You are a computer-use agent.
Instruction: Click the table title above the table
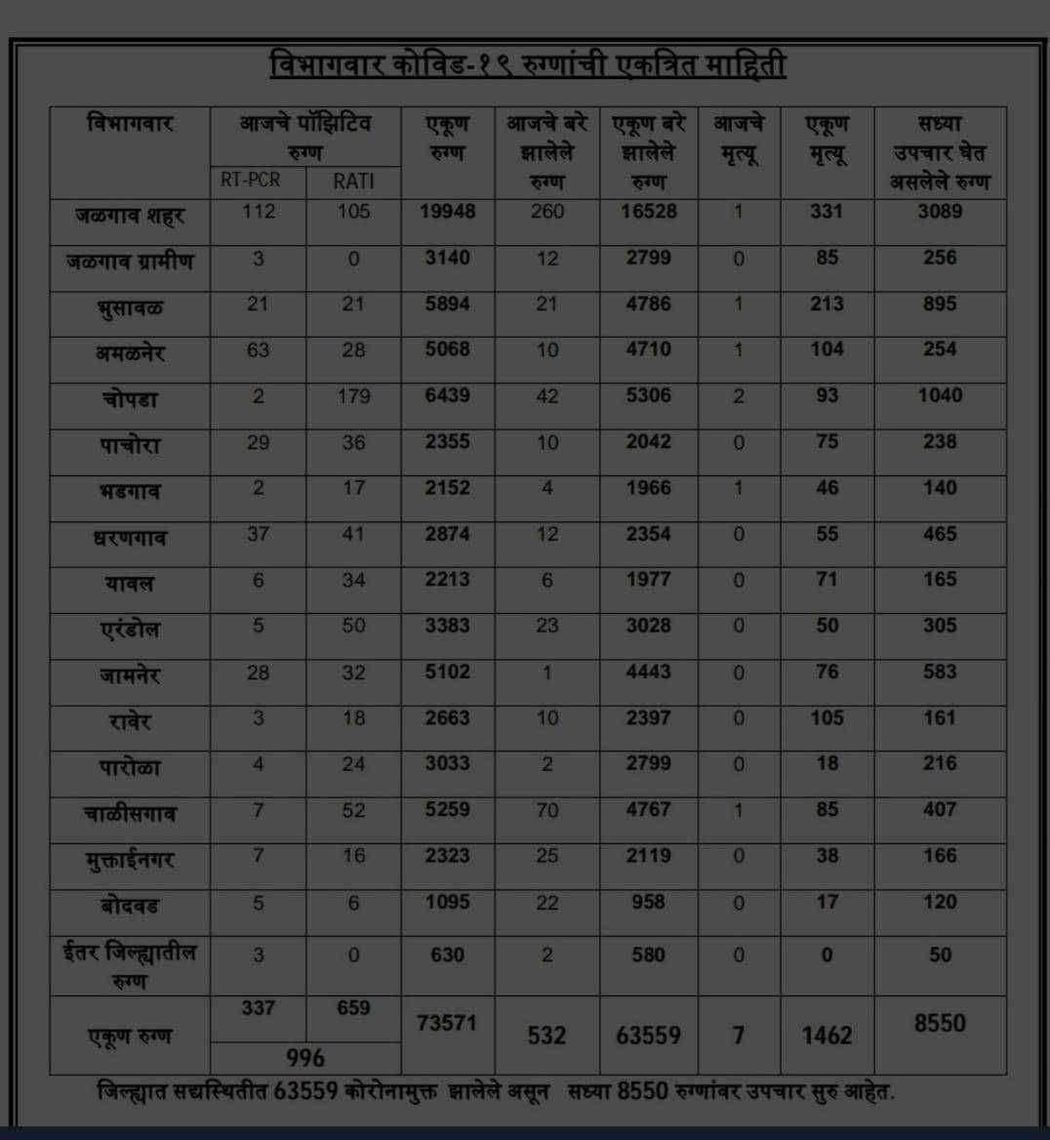[527, 66]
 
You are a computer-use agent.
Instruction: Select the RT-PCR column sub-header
[258, 181]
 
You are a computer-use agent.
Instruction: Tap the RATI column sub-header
[353, 181]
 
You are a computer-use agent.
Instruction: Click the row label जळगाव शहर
[130, 214]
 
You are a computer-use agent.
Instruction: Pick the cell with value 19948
[448, 211]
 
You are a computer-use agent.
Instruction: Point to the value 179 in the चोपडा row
[353, 395]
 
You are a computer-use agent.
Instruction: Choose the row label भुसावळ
[130, 307]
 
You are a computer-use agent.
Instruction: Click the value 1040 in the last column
[940, 395]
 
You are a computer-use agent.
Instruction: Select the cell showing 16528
[648, 211]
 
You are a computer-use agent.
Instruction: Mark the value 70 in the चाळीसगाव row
[547, 809]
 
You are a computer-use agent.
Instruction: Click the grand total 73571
[447, 1022]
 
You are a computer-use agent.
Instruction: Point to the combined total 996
[305, 1057]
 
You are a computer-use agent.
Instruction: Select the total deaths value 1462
[827, 1035]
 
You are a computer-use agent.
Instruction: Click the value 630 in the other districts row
[448, 955]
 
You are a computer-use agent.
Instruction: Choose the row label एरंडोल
[130, 629]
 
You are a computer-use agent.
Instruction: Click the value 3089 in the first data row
[940, 211]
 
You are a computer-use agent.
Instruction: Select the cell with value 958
[648, 902]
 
